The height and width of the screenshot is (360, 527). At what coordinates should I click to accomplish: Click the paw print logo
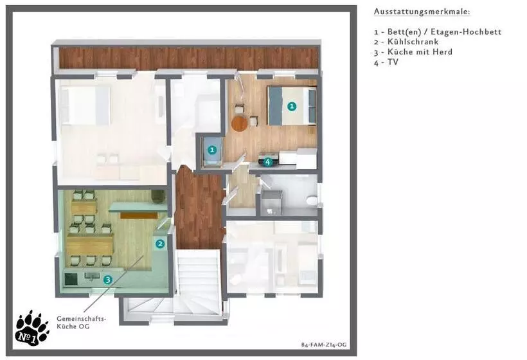click(x=31, y=328)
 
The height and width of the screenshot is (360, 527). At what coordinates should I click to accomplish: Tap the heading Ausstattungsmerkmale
click(x=422, y=12)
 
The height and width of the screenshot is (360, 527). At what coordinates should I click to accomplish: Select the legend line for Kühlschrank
click(x=406, y=42)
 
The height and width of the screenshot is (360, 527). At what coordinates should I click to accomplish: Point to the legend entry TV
click(x=386, y=62)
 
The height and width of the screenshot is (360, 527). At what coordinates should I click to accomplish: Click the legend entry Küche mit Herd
click(x=413, y=52)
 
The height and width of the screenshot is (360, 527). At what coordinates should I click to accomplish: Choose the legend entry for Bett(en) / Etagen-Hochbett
click(x=438, y=32)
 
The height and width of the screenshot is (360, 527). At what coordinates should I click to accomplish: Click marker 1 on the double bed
click(x=292, y=106)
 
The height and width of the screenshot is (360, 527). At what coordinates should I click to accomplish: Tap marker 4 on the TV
click(x=267, y=162)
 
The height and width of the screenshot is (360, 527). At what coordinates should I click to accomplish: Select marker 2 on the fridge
click(x=160, y=244)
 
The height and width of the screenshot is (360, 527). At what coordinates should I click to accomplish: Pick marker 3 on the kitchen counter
click(x=107, y=280)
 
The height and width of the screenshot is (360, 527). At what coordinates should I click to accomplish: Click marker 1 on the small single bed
click(x=211, y=149)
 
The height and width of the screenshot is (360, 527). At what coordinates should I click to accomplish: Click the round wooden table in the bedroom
click(x=239, y=123)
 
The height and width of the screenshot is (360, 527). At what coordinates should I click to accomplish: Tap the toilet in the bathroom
click(x=312, y=201)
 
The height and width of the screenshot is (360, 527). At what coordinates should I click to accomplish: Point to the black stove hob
click(x=71, y=278)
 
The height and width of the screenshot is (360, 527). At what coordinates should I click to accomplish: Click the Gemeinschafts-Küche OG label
click(x=82, y=322)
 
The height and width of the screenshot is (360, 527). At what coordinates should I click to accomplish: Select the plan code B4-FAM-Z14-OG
click(x=324, y=345)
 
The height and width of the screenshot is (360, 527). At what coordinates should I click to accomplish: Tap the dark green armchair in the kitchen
click(x=158, y=197)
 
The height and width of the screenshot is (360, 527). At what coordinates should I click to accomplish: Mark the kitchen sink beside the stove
click(x=92, y=276)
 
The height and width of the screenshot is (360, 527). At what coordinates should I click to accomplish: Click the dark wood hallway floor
click(x=199, y=209)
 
